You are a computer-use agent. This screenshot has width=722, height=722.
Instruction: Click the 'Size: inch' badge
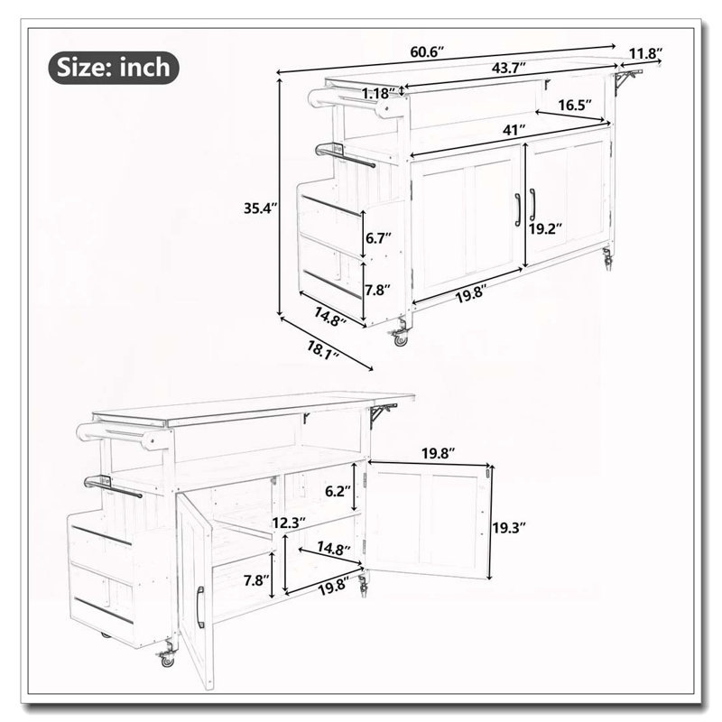[114, 68]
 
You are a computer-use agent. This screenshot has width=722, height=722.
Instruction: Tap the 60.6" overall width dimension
[427, 52]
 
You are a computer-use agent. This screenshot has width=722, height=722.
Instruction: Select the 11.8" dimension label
[645, 53]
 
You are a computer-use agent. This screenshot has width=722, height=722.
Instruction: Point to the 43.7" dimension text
[508, 69]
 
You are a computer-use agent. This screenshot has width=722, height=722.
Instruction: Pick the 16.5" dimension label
[575, 105]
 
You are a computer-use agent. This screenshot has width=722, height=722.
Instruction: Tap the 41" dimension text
[514, 130]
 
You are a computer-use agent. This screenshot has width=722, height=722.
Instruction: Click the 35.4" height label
[260, 208]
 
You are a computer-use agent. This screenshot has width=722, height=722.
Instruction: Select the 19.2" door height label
[545, 228]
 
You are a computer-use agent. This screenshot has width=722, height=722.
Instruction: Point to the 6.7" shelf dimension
[378, 238]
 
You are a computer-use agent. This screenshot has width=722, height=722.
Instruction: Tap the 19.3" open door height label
[509, 528]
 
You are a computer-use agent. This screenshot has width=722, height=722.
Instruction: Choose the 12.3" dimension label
[289, 523]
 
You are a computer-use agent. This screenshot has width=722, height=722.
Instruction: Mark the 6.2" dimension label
[338, 491]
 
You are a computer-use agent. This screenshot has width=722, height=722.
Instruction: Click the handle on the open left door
[199, 607]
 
